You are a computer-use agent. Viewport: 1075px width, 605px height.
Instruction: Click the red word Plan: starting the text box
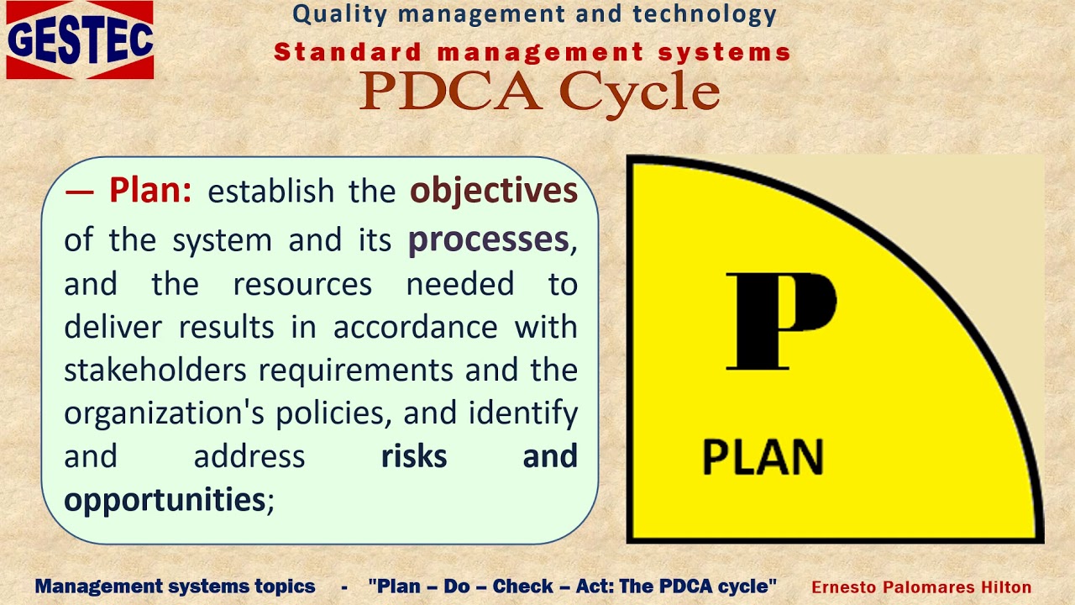(x=150, y=192)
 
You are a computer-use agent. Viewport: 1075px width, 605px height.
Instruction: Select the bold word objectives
(x=493, y=192)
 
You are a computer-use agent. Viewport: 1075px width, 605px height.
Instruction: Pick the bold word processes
(x=488, y=240)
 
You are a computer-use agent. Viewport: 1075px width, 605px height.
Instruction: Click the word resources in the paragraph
(x=302, y=284)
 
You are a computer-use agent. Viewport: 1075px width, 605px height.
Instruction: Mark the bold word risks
(x=414, y=456)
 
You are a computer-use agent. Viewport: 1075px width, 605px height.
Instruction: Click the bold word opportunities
(x=165, y=501)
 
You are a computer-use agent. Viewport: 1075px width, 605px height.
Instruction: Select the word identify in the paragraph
(x=523, y=413)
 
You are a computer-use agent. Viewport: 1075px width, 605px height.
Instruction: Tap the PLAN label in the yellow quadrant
(x=763, y=457)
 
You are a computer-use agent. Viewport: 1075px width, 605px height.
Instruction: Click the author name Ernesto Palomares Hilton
(x=921, y=587)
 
